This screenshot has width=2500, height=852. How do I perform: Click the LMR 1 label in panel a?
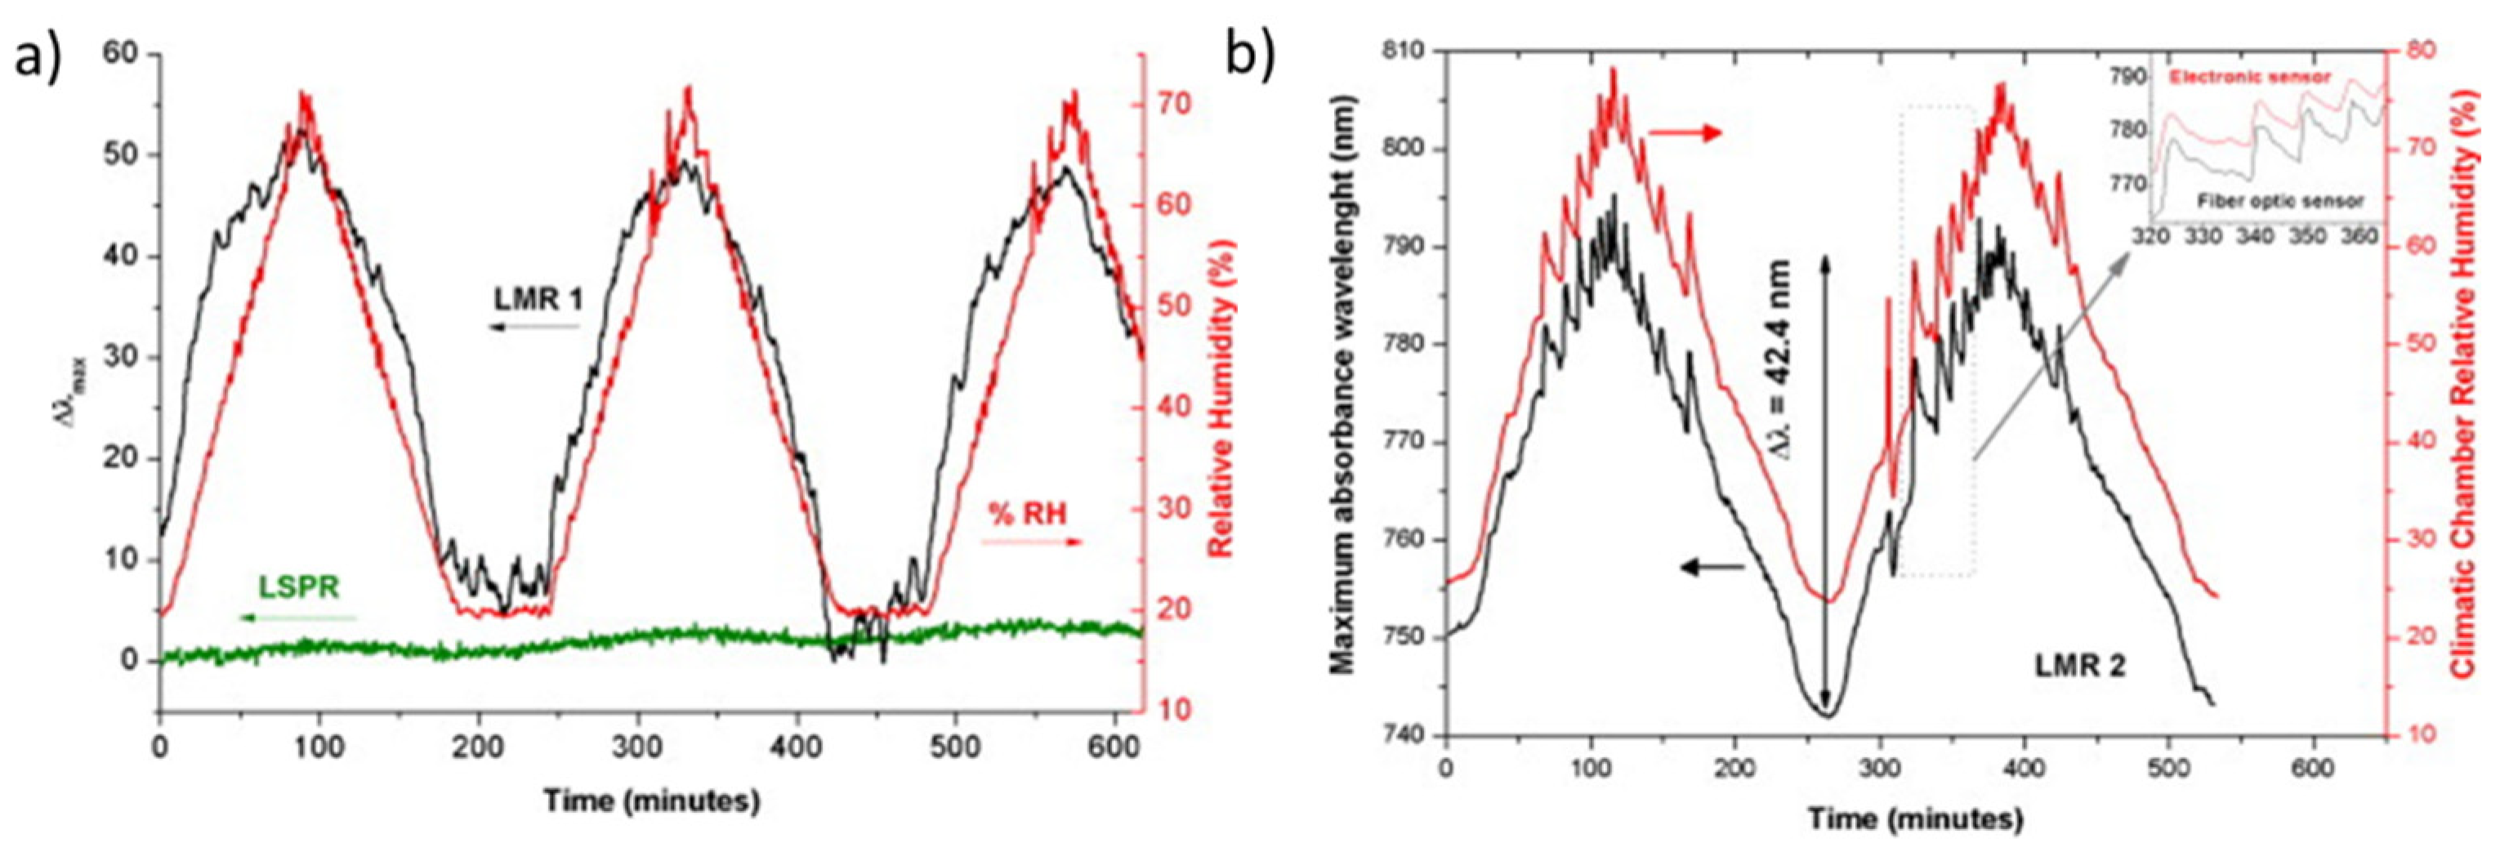(538, 300)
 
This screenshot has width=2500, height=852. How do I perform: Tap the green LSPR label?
(299, 587)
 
